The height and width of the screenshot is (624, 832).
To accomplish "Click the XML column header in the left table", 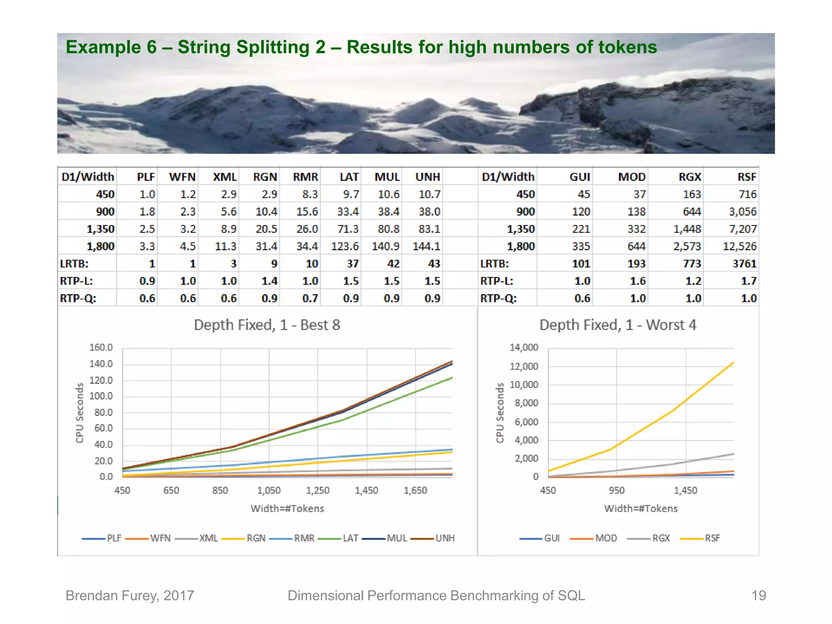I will point(225,177).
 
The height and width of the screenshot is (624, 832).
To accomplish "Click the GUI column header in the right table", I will point(579,177).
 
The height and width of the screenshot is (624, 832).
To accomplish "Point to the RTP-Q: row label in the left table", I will point(78,299).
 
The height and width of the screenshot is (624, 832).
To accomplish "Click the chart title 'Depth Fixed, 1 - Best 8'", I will point(267,325).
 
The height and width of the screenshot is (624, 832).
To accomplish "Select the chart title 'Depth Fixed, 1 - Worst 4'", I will point(617,325).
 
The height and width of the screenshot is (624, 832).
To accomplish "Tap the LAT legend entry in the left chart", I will point(350,538).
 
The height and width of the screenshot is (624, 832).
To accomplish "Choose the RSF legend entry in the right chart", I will point(712,538).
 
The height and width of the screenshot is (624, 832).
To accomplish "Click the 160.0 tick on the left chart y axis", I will point(101,348).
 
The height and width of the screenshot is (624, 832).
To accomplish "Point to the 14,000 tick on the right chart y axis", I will point(524,348).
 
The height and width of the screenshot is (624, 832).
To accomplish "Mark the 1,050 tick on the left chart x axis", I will point(269,491).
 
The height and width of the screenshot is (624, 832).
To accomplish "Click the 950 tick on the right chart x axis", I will point(617,491).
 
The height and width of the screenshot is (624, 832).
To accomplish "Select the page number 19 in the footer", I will point(758,596).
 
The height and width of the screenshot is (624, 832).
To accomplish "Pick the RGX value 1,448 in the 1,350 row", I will point(687,229).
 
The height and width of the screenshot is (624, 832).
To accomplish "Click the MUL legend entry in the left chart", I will point(396,538).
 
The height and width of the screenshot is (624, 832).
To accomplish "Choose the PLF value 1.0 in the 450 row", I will point(147,195).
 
